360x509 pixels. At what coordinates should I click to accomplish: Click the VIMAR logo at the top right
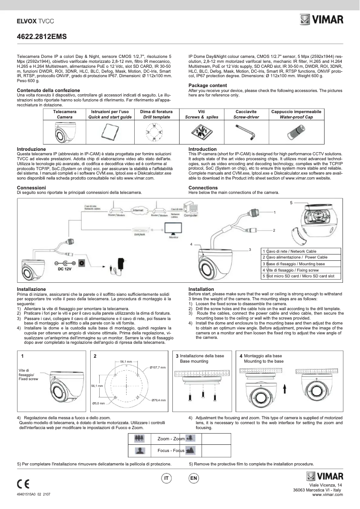click(x=321, y=20)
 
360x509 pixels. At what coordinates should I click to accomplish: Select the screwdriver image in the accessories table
click(x=246, y=132)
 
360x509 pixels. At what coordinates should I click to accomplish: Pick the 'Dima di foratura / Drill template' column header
click(x=154, y=114)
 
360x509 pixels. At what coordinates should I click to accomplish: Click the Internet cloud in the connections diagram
click(x=137, y=210)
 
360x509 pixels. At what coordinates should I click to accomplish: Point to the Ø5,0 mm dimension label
click(x=99, y=403)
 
